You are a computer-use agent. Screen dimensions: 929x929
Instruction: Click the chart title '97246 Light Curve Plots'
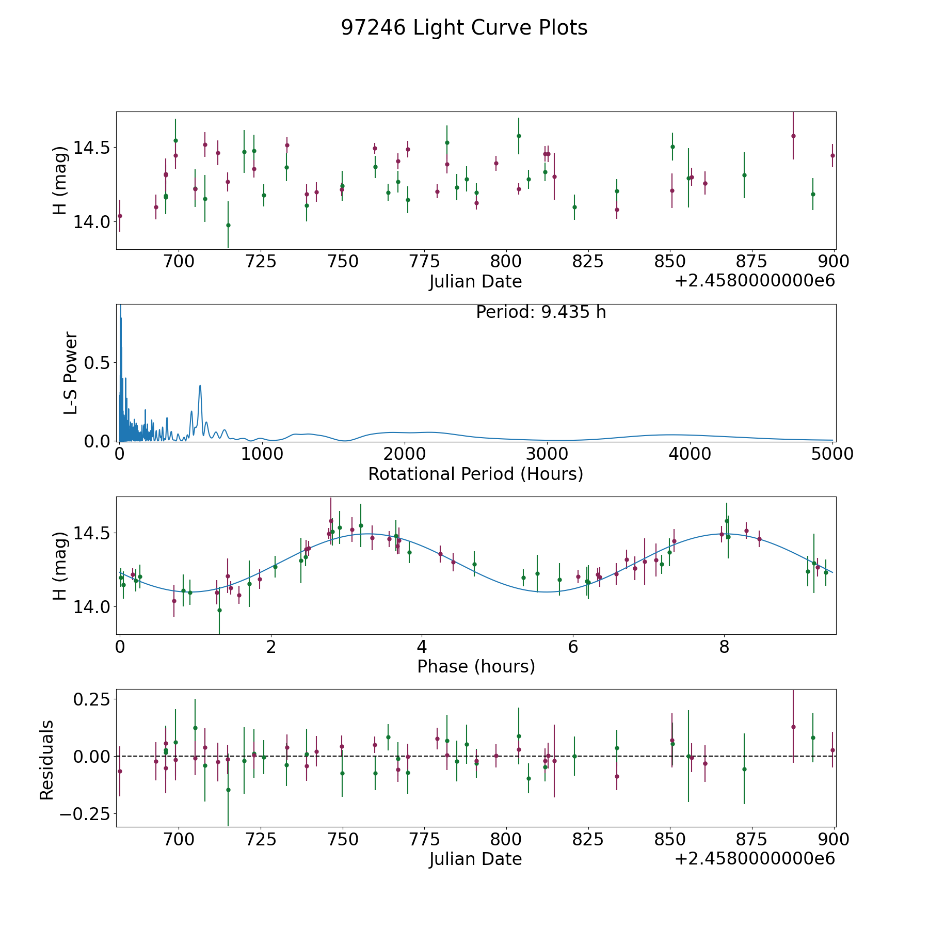(x=464, y=28)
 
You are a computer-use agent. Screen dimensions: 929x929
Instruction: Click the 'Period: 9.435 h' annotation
(x=541, y=312)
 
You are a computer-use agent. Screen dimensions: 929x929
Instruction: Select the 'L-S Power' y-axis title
(x=71, y=373)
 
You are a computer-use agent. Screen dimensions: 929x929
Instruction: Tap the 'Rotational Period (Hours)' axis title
(x=475, y=474)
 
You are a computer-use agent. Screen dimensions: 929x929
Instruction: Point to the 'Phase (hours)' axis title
(x=475, y=666)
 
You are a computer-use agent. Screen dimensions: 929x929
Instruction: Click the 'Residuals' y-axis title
(x=47, y=760)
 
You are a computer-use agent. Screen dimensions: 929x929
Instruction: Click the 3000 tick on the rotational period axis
(x=547, y=454)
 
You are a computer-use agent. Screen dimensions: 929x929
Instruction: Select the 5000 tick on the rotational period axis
(x=832, y=454)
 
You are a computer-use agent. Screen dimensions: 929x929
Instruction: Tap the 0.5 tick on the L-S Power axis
(x=97, y=363)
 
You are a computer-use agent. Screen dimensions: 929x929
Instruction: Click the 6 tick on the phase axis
(x=573, y=647)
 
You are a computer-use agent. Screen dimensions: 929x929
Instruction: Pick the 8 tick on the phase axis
(x=724, y=647)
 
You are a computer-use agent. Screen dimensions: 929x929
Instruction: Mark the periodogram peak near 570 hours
(x=200, y=386)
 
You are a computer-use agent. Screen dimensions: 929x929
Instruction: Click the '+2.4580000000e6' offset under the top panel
(x=755, y=281)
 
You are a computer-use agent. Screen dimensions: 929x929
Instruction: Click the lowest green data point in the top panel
(x=228, y=225)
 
